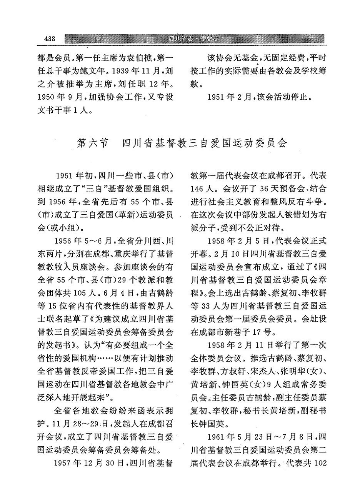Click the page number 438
tap(50, 39)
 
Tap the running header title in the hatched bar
tap(196, 39)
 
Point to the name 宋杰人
tap(262, 374)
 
